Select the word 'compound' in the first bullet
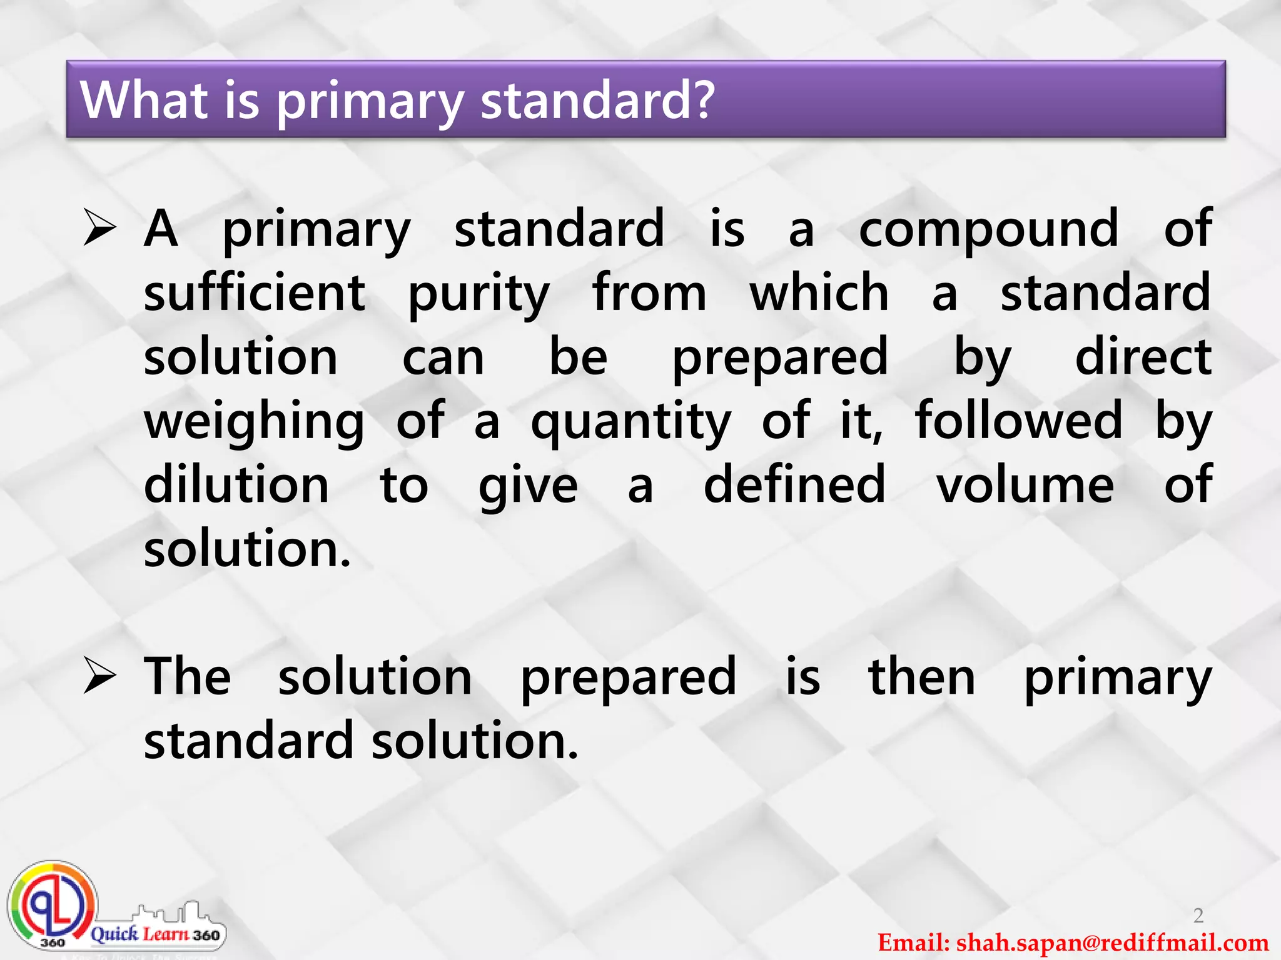(x=988, y=230)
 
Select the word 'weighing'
(x=254, y=422)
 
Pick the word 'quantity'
(x=630, y=422)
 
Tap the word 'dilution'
(x=236, y=485)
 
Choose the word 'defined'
(x=794, y=485)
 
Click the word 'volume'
(x=1025, y=485)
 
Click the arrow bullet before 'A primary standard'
(x=100, y=229)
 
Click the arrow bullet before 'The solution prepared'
(x=100, y=677)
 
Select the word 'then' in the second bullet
(x=922, y=677)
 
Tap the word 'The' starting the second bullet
(x=187, y=677)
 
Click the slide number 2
(x=1198, y=915)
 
